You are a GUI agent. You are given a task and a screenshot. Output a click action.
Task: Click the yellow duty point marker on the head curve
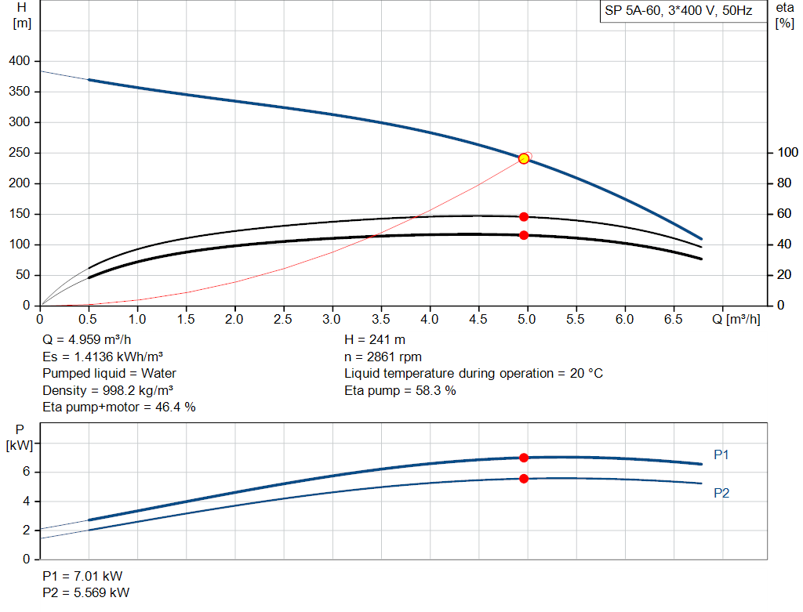tap(524, 158)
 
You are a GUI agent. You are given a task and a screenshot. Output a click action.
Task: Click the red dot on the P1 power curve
tap(524, 458)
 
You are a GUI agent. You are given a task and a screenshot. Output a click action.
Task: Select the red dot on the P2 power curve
tap(524, 478)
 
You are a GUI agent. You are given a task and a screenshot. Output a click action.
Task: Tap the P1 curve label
tap(721, 454)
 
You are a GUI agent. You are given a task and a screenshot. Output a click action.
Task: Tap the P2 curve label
tap(721, 493)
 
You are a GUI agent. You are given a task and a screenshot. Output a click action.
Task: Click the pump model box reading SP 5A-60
tap(679, 11)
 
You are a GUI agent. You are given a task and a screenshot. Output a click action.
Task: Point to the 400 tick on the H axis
tap(20, 61)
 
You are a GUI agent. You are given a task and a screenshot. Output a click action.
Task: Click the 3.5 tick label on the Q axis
tap(381, 320)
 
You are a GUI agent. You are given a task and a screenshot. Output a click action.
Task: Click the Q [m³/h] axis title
tap(736, 320)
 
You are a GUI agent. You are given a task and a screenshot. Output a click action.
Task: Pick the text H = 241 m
tap(375, 340)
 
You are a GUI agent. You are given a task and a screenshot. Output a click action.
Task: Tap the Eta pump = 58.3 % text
tap(400, 390)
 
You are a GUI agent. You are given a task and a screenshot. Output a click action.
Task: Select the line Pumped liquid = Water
tap(110, 373)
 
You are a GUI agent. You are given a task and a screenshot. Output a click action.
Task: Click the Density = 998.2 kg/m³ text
tap(108, 390)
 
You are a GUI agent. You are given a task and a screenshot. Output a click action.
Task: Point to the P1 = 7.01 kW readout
tap(82, 575)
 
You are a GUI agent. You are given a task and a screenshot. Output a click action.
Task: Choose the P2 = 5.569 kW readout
tap(86, 592)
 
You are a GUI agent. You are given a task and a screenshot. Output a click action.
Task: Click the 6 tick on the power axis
tap(26, 472)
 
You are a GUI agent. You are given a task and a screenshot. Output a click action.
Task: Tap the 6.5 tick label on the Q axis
tap(674, 320)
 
